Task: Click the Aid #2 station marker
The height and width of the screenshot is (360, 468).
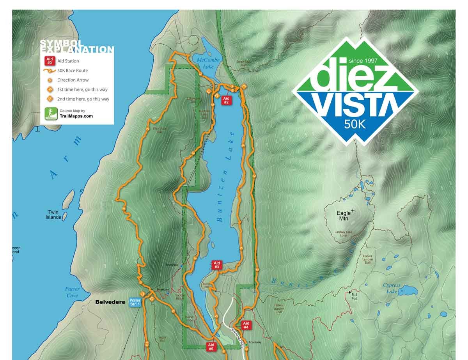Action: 226,100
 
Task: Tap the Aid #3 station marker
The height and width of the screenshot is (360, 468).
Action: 217,265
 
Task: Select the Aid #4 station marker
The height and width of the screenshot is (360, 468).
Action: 246,326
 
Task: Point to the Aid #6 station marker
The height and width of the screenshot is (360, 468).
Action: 211,347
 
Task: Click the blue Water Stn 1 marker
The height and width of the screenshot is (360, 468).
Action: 135,303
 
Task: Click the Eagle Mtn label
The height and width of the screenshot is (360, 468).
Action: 344,216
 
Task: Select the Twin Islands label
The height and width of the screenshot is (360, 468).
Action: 53,215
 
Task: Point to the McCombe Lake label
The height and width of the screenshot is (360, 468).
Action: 208,63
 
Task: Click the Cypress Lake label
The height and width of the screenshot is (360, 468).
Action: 391,288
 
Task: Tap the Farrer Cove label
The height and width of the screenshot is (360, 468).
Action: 72,292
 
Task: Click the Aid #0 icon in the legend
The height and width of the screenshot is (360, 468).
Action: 50,61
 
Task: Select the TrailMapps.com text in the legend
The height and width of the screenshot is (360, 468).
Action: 76,116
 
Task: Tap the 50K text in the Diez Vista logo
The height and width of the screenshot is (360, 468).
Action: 355,124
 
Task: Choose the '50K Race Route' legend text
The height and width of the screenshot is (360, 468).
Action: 73,71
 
